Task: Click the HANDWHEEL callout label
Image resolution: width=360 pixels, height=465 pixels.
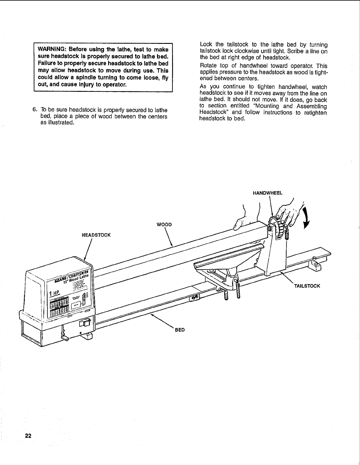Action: point(267,193)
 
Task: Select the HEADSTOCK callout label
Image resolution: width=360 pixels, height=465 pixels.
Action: point(96,235)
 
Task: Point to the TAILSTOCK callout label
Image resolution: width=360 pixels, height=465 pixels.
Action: point(307,286)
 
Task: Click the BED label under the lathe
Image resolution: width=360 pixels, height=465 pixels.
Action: point(180,330)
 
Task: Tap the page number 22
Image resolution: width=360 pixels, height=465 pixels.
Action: point(28,436)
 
